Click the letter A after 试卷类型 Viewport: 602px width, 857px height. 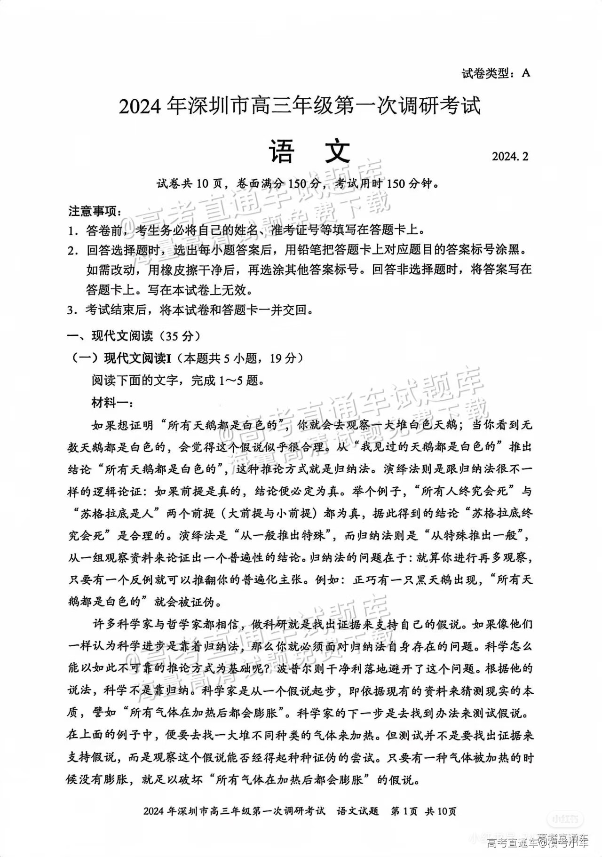525,73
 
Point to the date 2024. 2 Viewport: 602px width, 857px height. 510,157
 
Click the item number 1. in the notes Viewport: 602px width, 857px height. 72,230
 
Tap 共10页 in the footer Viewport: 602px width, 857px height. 441,811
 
